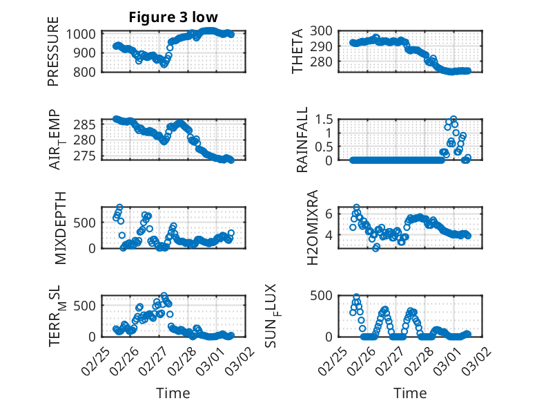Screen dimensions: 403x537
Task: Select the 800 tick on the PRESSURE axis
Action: tap(88, 71)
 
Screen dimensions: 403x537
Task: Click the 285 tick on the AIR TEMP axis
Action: tap(88, 124)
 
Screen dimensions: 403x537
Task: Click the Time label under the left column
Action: tap(173, 393)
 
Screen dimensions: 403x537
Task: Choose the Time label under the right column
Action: tap(410, 393)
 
